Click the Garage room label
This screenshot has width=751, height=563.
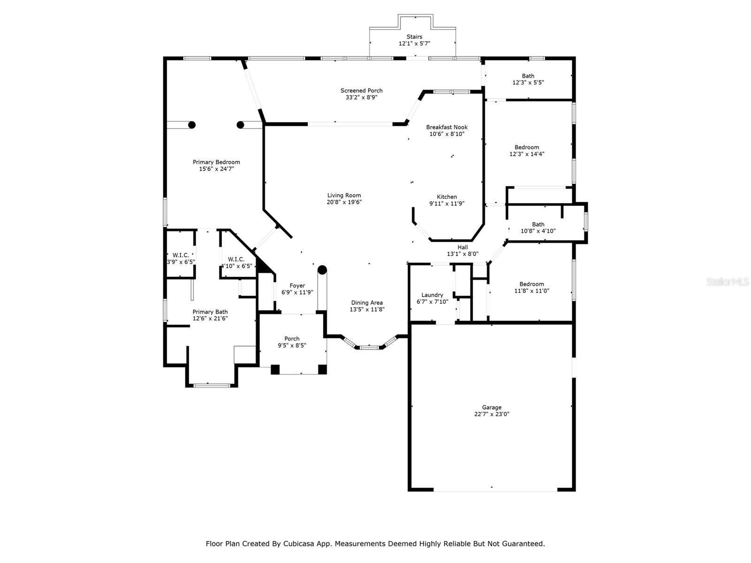point(491,408)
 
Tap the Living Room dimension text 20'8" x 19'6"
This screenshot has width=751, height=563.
point(344,202)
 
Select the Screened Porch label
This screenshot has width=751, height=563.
point(361,91)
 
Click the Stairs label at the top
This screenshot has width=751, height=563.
point(414,37)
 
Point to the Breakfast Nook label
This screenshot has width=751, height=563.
point(447,127)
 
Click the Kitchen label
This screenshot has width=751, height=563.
point(447,197)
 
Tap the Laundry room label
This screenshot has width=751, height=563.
point(432,295)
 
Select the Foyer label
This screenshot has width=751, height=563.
point(297,286)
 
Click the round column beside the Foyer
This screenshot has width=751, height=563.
point(322,270)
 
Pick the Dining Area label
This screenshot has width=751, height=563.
point(367,303)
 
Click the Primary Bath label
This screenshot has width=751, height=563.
point(210,312)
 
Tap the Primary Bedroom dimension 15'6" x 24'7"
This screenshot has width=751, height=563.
point(216,169)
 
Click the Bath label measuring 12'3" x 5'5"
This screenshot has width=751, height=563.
point(528,76)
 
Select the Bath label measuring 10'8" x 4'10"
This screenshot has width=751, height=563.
point(538,224)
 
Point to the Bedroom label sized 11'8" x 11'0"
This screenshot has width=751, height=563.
point(531,284)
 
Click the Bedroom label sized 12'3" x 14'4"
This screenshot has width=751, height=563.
point(527,147)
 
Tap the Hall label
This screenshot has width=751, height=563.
point(463,247)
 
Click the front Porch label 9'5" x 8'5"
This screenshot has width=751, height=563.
point(291,339)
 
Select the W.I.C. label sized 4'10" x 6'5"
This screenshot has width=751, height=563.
point(236,259)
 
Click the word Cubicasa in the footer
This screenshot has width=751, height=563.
point(300,544)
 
